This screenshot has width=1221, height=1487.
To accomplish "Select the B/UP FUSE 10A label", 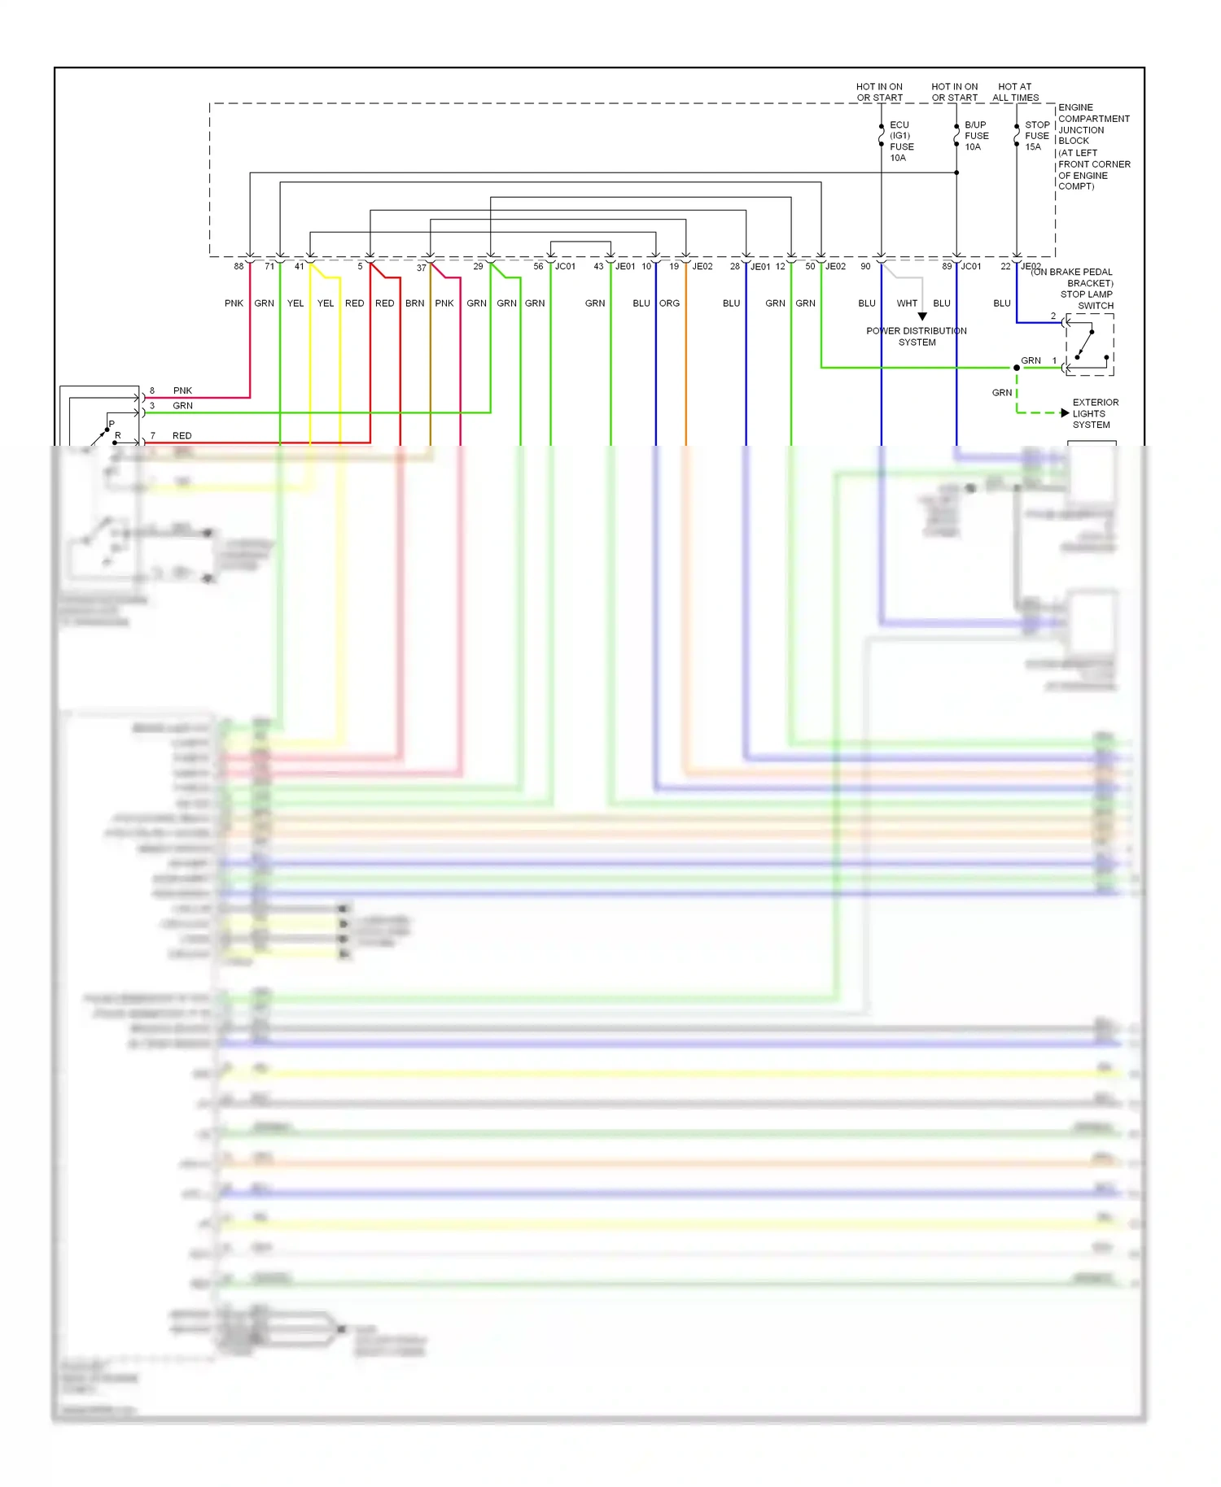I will tap(976, 136).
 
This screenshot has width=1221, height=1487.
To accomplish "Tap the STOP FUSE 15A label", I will tap(1036, 136).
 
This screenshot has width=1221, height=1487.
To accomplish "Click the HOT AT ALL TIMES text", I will tap(1015, 92).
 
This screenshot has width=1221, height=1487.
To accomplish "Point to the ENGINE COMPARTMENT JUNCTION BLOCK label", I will tap(1093, 146).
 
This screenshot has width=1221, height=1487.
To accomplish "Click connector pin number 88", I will tap(239, 266).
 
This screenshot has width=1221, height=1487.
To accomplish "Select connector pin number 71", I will tap(269, 266).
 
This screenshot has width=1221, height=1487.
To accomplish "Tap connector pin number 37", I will tap(422, 268).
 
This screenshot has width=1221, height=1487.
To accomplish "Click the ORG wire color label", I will tap(669, 303).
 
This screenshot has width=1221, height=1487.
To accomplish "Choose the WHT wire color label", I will tap(907, 303).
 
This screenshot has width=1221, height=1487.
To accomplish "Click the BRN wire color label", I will tap(414, 303).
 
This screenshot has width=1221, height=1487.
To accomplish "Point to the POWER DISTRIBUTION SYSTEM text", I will tap(917, 337).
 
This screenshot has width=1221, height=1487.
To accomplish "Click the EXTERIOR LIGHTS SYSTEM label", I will tap(1095, 413).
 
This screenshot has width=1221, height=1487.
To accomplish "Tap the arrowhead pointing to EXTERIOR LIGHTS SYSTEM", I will tap(1065, 413).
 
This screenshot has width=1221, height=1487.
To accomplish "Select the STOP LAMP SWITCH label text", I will tap(1086, 300).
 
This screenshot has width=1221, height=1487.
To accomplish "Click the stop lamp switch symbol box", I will tap(1090, 345).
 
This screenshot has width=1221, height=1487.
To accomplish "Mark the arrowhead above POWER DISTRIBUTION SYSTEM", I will tap(922, 316).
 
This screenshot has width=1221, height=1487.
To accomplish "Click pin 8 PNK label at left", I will tap(182, 390).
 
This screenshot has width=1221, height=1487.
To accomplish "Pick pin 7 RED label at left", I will tap(182, 436).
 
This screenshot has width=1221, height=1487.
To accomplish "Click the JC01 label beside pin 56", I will tap(565, 266).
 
